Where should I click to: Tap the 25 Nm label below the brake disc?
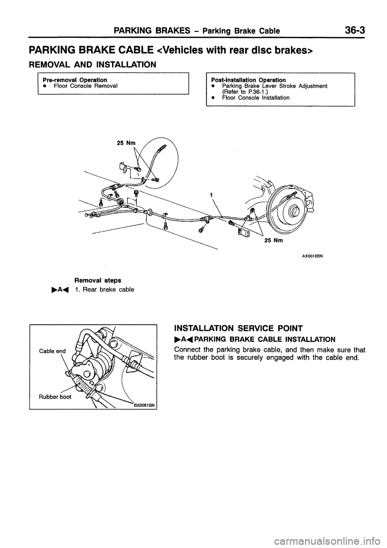[x=274, y=241]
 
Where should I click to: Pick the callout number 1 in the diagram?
[x=210, y=195]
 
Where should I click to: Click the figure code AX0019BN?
[x=313, y=255]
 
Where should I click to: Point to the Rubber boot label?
[x=55, y=396]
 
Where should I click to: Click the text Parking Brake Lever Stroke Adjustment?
[x=275, y=86]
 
